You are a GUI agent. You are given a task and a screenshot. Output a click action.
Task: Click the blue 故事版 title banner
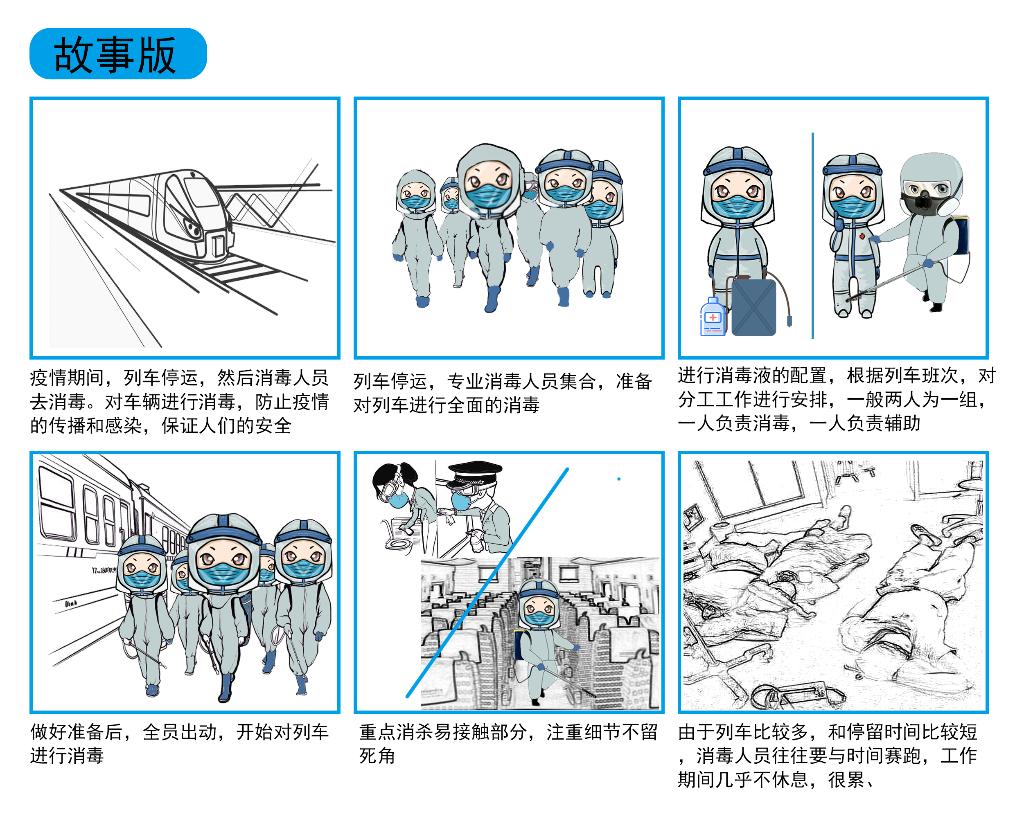pos(118,54)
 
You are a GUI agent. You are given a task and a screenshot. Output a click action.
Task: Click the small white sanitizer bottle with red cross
pos(713,318)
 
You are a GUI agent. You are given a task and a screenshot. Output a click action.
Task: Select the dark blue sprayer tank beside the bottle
pos(753,307)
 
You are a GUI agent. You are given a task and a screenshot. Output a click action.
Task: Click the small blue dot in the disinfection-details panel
pos(618,479)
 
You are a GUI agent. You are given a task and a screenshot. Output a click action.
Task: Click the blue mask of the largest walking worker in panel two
pos(487,195)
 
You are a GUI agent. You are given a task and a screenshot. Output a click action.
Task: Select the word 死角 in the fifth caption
pos(377,755)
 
